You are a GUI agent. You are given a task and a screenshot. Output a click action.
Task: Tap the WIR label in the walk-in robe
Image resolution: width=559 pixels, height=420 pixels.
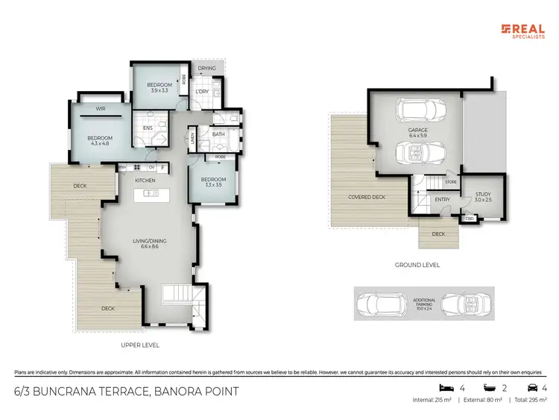pos(100,109)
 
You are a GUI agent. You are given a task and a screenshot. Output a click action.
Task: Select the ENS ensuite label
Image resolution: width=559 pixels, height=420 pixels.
pos(147,127)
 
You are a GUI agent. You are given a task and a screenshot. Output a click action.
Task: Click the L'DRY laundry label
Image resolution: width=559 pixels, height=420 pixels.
pos(200,92)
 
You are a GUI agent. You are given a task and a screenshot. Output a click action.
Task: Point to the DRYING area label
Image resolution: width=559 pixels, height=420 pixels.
pos(207,69)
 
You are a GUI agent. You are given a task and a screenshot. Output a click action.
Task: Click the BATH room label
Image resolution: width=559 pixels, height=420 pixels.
pos(218,134)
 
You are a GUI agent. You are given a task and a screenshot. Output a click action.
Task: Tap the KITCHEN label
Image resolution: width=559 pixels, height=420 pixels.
pos(144,181)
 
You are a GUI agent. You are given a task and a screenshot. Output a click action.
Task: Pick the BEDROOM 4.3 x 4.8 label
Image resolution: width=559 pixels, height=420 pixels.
pos(100,140)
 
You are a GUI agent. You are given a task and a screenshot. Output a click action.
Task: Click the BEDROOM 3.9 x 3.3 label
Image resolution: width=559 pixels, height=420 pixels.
pos(160,87)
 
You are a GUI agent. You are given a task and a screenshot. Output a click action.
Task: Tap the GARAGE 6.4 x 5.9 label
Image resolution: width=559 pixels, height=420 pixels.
pos(417,133)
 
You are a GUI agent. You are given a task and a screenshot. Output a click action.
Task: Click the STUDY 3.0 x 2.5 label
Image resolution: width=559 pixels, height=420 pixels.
pos(483,198)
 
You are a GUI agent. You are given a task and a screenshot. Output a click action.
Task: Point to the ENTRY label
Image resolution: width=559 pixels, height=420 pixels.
pos(442,199)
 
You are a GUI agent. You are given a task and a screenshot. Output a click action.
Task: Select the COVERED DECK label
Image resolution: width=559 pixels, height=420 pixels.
pos(367,198)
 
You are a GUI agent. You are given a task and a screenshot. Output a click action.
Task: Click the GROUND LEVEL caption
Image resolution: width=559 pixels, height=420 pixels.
pos(417,265)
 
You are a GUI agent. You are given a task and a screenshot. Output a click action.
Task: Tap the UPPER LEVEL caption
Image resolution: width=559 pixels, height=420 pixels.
pos(140,345)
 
